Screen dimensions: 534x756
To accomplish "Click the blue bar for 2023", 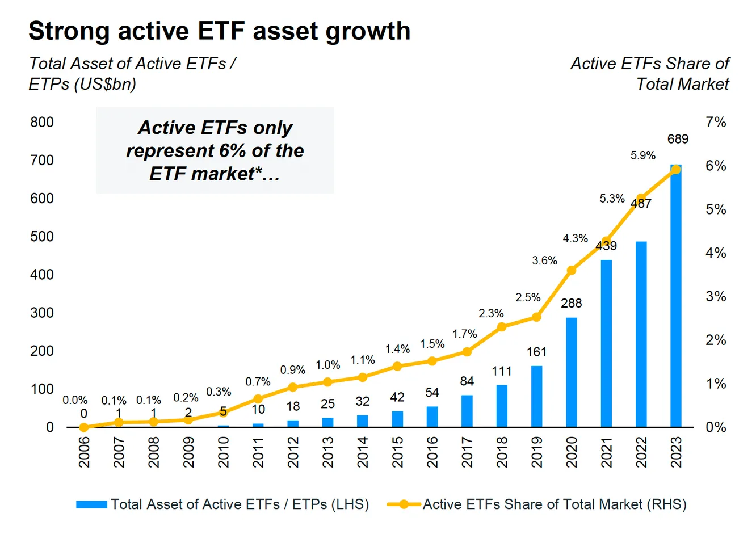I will point(675,295).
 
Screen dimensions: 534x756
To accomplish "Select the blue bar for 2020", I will point(571,372).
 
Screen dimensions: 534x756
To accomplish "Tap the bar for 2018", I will point(502,406).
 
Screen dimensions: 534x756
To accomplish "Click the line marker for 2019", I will point(536,317).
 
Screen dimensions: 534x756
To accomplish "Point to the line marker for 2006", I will point(84,427).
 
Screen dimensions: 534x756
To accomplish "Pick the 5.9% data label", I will point(642,155).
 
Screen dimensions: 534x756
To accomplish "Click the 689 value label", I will point(678,139).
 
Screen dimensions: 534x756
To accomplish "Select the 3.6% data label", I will point(544,260).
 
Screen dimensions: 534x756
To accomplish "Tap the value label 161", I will point(536,352).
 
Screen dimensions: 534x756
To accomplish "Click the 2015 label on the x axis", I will point(397,452).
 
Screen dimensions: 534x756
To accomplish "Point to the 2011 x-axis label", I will point(258,452).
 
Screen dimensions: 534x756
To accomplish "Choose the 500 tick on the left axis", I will point(42,236).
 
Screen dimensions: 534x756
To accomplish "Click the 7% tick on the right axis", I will point(716,122).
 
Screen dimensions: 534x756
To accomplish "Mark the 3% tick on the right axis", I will point(716,296).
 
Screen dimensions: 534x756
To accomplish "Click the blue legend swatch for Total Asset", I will point(91,504).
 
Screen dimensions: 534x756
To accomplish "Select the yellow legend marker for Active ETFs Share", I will point(404,504).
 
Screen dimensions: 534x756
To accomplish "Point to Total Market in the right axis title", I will point(682,84).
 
